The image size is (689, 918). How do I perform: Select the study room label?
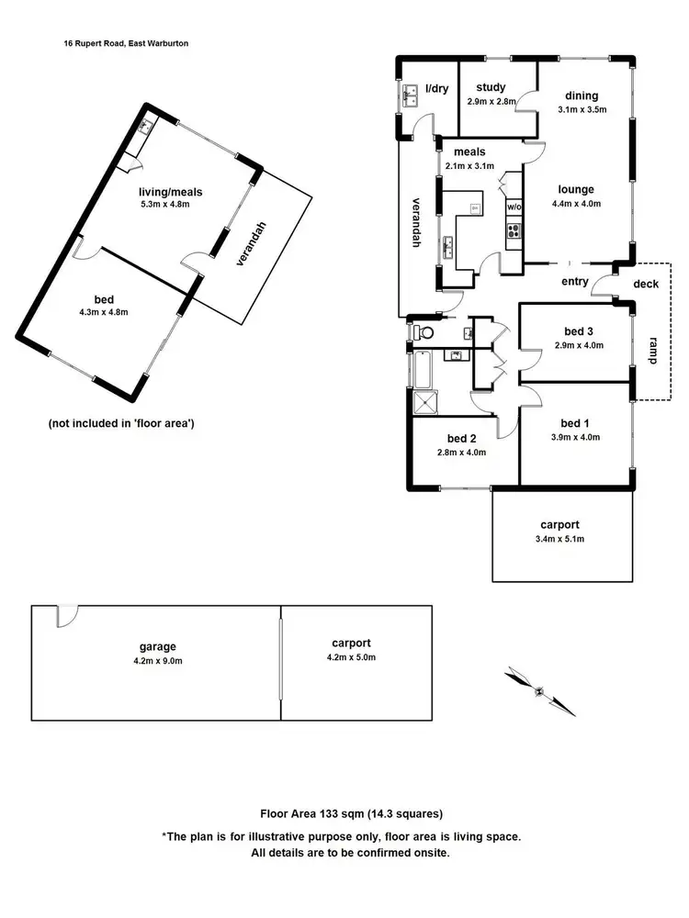click(491, 88)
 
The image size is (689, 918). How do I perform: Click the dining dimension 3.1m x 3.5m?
click(582, 109)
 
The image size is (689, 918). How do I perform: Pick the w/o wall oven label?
click(514, 207)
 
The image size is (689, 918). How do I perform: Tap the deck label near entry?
click(646, 284)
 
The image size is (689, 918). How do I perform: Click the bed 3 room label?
click(577, 331)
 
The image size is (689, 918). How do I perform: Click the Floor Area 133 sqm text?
click(351, 813)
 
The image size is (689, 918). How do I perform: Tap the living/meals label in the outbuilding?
click(170, 191)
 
